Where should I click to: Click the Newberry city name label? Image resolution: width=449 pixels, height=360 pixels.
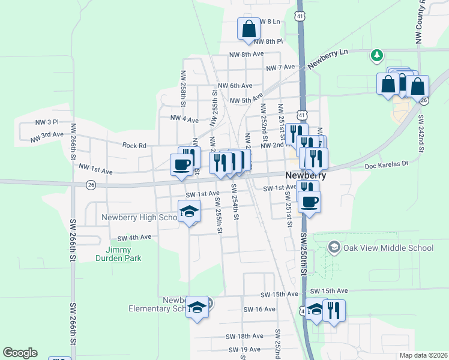click(x=306, y=176)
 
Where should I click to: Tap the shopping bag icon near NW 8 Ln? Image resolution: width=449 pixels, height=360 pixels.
click(x=249, y=28)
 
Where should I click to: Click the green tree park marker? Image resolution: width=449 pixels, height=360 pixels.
click(x=376, y=56)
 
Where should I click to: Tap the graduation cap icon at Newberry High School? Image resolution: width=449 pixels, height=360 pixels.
click(x=188, y=212)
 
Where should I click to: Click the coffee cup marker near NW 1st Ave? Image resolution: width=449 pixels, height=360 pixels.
click(x=181, y=163)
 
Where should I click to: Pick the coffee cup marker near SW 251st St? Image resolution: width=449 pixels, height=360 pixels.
click(x=309, y=202)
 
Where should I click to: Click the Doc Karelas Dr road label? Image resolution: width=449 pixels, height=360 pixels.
click(x=386, y=163)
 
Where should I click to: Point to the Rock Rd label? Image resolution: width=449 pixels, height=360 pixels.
click(x=134, y=145)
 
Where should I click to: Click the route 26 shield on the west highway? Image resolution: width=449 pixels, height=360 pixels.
click(x=91, y=184)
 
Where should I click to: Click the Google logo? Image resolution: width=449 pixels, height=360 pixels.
click(x=20, y=353)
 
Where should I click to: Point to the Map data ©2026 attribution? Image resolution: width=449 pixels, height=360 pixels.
click(x=423, y=355)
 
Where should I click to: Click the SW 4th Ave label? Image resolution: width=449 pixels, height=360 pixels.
click(x=134, y=238)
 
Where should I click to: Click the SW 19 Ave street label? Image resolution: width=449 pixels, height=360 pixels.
click(x=244, y=349)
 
